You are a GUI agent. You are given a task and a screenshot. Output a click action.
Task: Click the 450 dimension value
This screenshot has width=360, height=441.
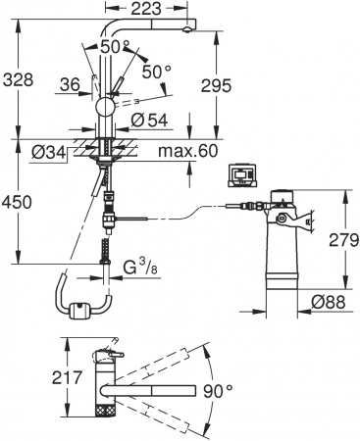(x=20, y=201)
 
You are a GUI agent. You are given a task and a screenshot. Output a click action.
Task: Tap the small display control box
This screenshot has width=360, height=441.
(x=239, y=175)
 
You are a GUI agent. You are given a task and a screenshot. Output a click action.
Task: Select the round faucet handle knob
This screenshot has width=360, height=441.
(x=104, y=106)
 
